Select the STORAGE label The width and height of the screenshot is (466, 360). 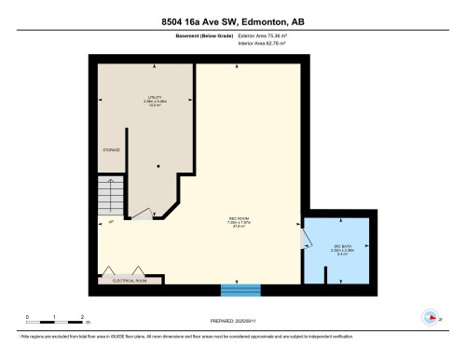(x=111, y=149)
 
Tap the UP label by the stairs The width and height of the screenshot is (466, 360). (x=110, y=223)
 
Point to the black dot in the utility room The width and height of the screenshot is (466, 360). (x=158, y=166)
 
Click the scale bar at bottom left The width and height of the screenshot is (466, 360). (x=56, y=319)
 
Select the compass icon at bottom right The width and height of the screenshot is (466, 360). (x=431, y=315)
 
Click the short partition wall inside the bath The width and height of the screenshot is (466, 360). (x=325, y=275)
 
